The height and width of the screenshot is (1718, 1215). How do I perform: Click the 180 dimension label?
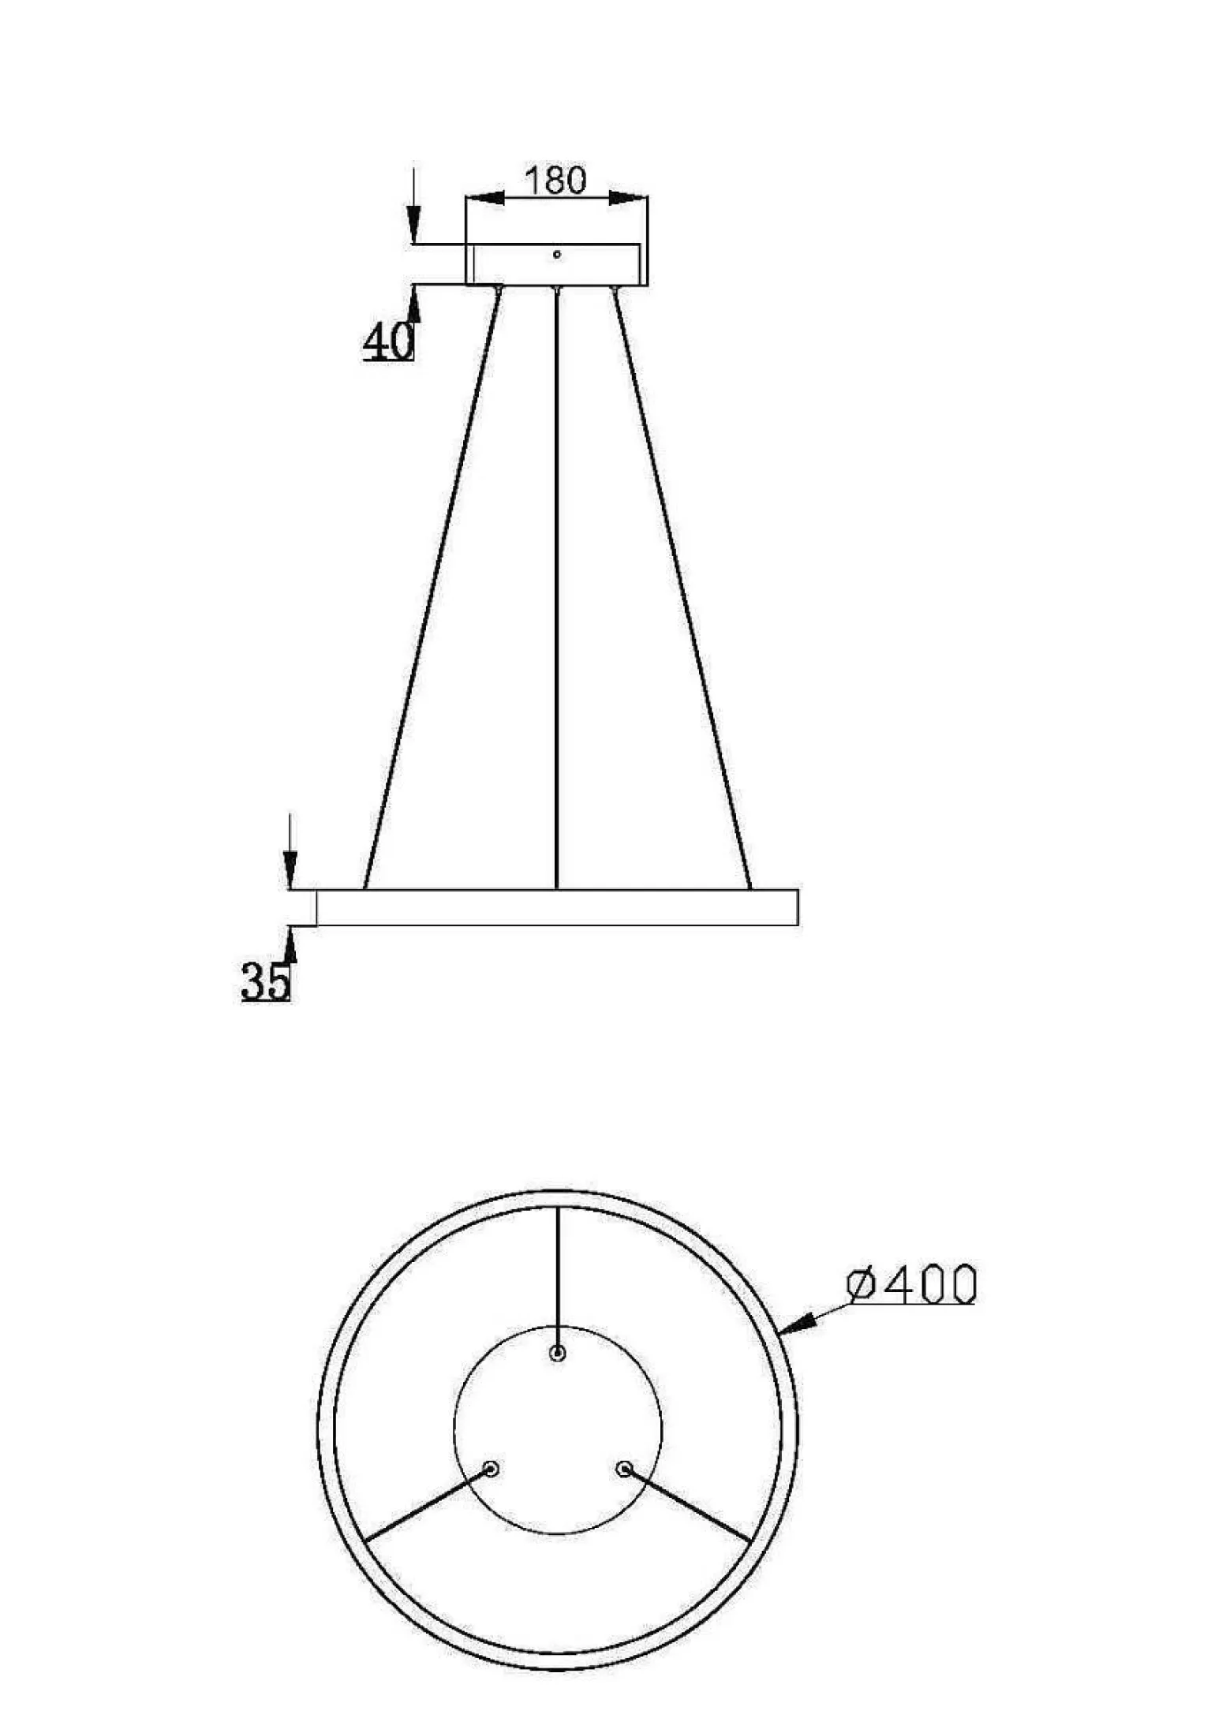coord(556,180)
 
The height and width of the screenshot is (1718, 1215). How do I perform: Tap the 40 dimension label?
coord(388,341)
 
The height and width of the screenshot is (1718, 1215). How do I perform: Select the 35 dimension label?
coord(266,981)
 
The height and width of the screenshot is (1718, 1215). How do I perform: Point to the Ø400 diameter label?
coord(911,1284)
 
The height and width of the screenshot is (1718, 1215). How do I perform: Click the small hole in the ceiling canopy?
coord(557,254)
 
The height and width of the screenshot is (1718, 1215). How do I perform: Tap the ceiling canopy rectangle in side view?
coord(556,264)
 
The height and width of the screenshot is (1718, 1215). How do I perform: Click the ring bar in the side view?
coord(557,907)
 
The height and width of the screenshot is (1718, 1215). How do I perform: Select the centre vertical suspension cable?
coord(557,588)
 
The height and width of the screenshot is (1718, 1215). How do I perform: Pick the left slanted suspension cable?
coord(432,588)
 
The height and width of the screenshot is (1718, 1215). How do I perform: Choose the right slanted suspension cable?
coord(682,588)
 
